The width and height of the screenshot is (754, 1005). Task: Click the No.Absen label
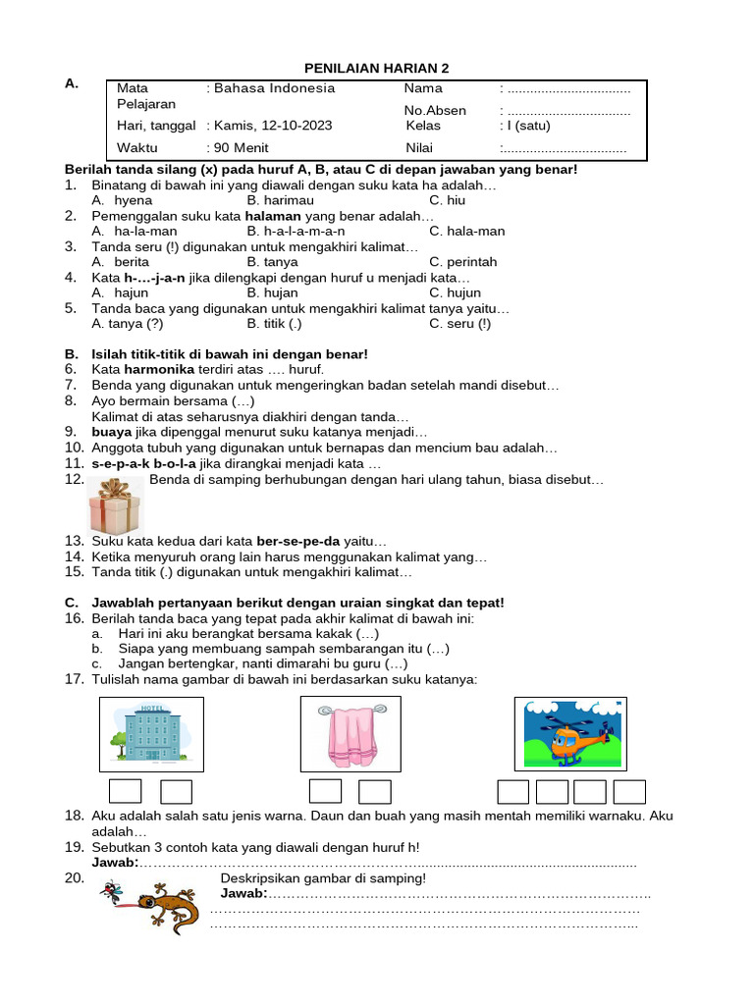coord(435,110)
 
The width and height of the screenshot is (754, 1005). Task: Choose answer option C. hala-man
coord(467,231)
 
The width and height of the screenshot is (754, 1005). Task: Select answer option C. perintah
coord(463,262)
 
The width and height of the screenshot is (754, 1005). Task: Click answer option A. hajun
coord(120,292)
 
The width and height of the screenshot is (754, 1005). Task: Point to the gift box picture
coord(115,506)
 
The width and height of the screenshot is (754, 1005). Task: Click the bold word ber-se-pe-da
coord(298,541)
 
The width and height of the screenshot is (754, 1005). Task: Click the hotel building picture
coord(151,734)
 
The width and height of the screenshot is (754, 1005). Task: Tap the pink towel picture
coord(350,734)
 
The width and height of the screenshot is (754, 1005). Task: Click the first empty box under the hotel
coord(125,791)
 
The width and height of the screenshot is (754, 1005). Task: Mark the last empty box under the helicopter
coord(629,791)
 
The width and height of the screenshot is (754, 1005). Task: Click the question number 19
coord(74,847)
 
